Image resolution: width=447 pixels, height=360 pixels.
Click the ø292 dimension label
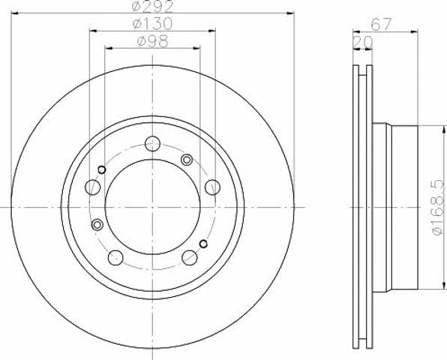tap(152, 6)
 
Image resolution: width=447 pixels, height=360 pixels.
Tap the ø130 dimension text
tap(152, 24)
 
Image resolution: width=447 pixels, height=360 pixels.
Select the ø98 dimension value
tap(153, 41)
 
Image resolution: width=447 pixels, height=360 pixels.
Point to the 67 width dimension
tap(380, 24)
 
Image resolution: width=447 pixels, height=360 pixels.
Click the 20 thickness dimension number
tap(363, 43)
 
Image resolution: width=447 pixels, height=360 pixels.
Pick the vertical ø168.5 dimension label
tap(438, 207)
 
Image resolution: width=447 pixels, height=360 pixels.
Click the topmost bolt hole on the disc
tap(152, 144)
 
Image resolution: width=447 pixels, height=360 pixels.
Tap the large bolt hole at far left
tap(93, 187)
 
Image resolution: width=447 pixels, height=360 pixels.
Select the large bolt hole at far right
tap(212, 187)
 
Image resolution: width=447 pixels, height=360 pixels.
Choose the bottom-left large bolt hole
tap(115, 258)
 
